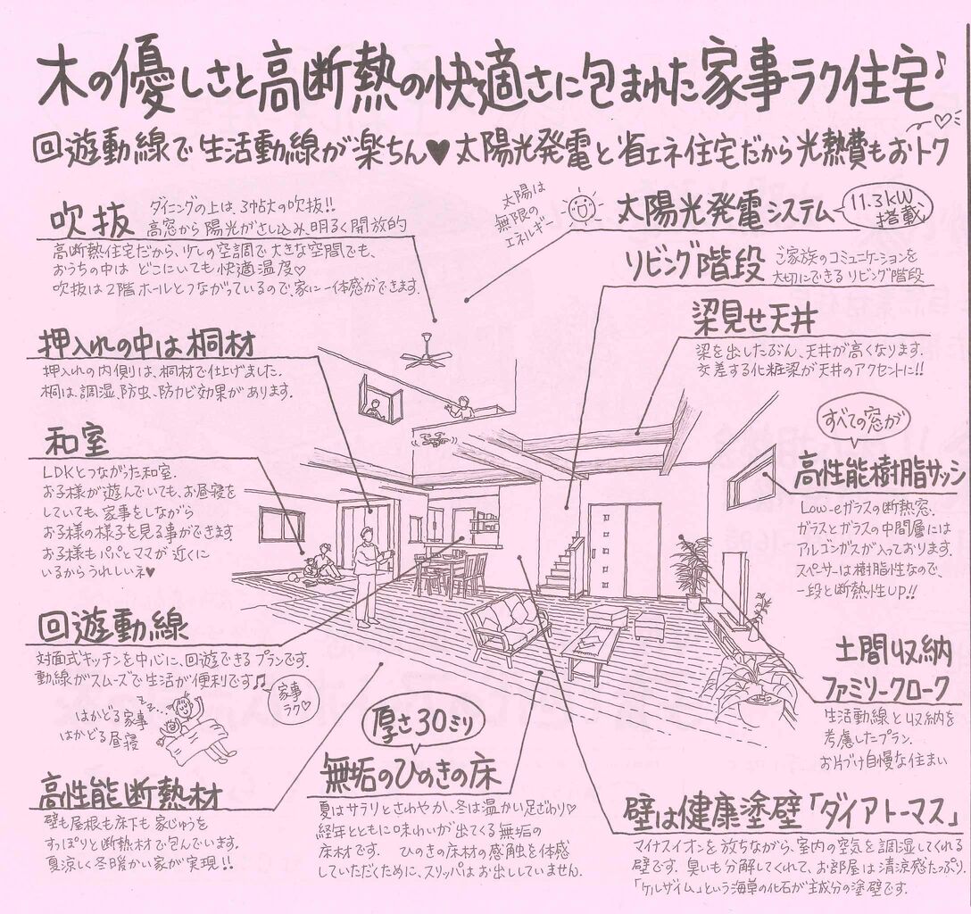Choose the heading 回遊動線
pos(113,627)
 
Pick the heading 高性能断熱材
pos(130,789)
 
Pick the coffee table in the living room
pos(590,649)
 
